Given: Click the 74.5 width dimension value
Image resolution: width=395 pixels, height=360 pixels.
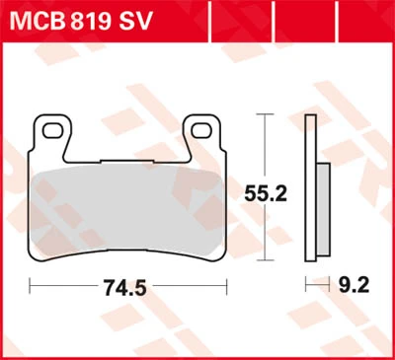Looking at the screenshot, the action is tap(124, 287).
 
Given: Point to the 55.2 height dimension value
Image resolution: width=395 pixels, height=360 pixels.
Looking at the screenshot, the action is tap(266, 193).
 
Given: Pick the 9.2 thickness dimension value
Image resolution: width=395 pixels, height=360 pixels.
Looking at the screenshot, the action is tap(355, 285).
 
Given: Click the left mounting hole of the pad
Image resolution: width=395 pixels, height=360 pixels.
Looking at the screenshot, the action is tap(52, 131).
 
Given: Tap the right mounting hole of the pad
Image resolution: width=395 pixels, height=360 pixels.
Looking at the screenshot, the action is tap(201, 131).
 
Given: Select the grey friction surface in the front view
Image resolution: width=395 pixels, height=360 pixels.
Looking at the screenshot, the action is tap(127, 210).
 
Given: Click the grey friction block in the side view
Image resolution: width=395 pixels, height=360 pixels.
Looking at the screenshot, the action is tap(323, 209).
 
